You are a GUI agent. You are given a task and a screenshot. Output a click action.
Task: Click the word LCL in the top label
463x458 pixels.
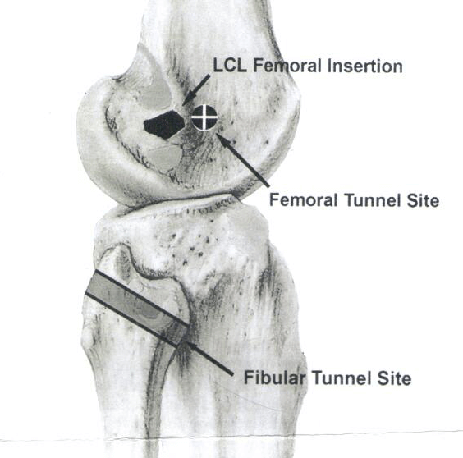(x=230, y=66)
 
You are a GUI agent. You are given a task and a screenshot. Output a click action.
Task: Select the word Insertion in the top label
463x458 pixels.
(x=365, y=66)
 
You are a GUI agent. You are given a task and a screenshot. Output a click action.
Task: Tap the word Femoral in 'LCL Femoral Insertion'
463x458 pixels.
(x=287, y=66)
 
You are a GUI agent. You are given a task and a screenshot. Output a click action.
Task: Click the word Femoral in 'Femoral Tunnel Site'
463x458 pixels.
(x=303, y=200)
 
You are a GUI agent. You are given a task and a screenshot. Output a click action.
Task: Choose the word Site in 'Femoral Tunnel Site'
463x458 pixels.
(x=423, y=200)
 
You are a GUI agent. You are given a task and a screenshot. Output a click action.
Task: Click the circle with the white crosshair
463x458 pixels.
(x=204, y=117)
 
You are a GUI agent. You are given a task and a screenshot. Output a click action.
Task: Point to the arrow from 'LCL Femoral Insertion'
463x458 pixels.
(x=196, y=90)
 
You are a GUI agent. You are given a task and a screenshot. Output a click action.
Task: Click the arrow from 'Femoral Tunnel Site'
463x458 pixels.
(x=243, y=160)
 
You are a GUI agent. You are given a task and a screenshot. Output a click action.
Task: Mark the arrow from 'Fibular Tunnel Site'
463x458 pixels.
(x=209, y=359)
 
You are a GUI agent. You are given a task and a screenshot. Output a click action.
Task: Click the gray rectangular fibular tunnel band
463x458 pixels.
(x=137, y=308)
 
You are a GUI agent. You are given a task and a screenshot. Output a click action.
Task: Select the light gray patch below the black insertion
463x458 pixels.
(x=165, y=158)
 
